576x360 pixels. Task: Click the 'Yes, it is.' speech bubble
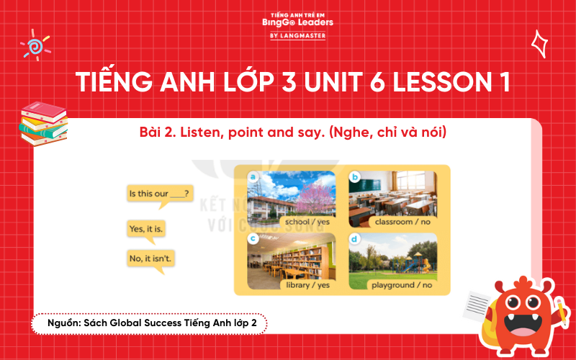[146, 229]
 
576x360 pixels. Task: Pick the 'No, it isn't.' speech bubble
[151, 257]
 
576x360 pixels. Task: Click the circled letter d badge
[354, 239]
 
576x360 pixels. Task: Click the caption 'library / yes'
[307, 284]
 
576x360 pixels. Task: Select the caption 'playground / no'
[402, 284]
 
